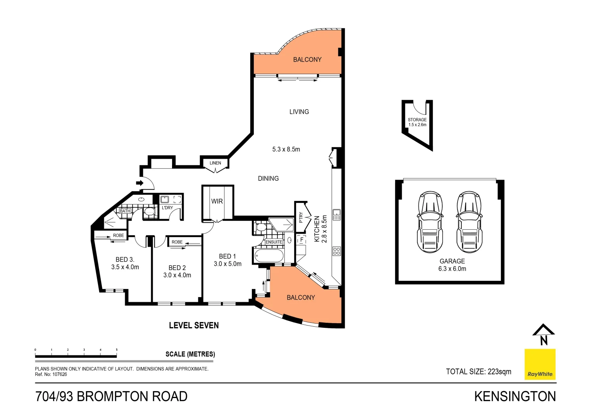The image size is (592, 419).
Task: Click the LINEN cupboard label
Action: click(x=215, y=163)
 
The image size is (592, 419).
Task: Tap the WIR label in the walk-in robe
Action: click(x=217, y=201)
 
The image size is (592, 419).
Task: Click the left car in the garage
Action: click(x=430, y=222)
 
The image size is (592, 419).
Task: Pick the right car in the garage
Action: click(x=469, y=222)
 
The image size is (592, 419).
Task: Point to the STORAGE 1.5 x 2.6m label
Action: click(x=417, y=122)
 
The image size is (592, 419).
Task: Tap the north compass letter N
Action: click(x=544, y=341)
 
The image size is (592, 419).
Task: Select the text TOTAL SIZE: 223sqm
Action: click(x=478, y=372)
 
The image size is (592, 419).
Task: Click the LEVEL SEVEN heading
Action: click(x=194, y=326)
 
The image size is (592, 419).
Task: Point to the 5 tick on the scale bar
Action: click(x=117, y=350)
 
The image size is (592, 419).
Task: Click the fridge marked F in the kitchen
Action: click(x=301, y=240)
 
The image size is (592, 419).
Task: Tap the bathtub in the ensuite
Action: click(x=269, y=256)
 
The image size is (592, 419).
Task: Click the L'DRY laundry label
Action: click(x=167, y=208)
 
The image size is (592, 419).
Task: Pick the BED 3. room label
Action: click(x=125, y=260)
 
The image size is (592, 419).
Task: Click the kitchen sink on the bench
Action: click(x=336, y=215)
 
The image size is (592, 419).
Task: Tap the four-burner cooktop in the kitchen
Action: click(x=336, y=251)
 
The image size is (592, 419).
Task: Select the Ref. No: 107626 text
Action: click(x=51, y=374)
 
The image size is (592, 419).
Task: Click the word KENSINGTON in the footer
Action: click(x=515, y=396)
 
